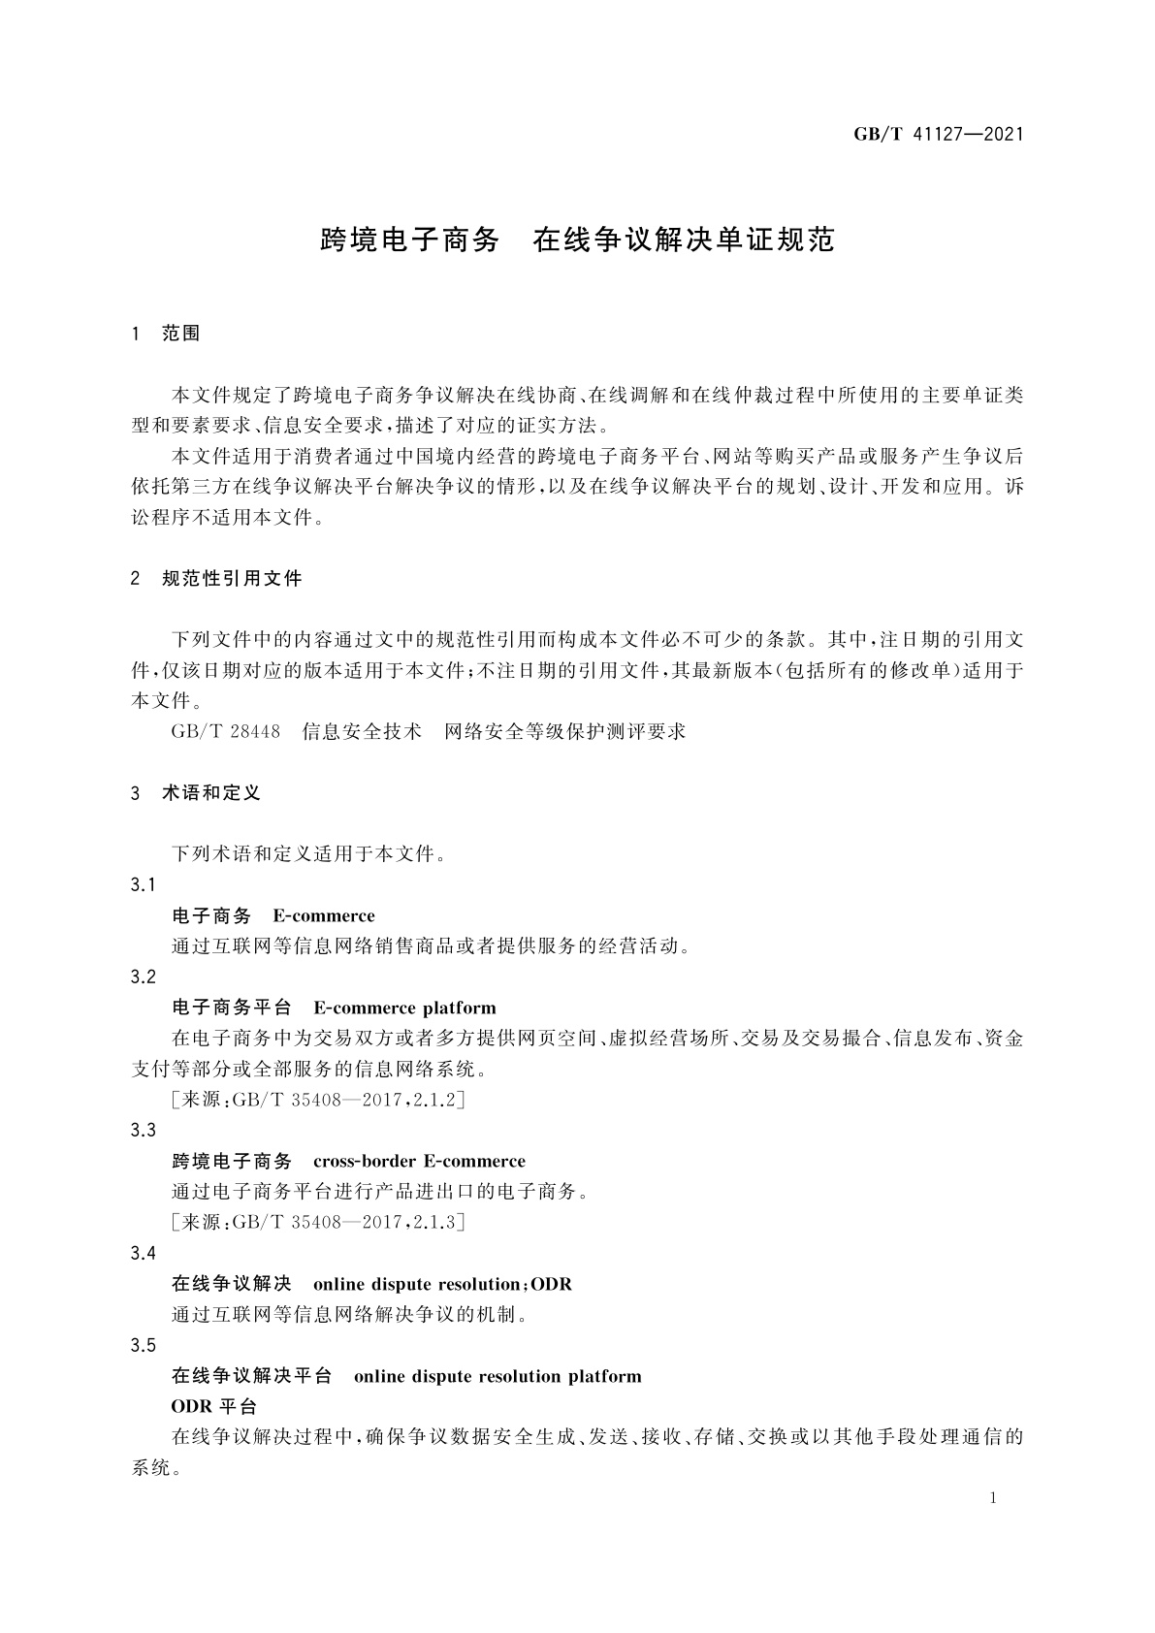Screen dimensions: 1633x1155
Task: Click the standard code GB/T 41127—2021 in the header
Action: click(x=938, y=135)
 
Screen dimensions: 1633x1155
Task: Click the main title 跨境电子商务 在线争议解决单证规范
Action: click(x=577, y=240)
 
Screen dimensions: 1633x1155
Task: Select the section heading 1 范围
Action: click(x=166, y=334)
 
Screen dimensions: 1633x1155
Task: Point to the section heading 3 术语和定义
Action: click(x=196, y=793)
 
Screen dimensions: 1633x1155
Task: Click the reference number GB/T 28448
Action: click(x=225, y=731)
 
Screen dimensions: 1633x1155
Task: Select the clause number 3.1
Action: click(x=143, y=885)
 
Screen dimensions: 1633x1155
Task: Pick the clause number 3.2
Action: click(x=143, y=977)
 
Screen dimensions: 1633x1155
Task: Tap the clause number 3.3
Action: click(x=143, y=1131)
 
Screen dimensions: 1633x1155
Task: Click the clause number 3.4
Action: click(x=143, y=1254)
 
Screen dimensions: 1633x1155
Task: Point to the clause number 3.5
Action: click(x=143, y=1346)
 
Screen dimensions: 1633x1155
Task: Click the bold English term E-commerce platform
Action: click(x=404, y=1008)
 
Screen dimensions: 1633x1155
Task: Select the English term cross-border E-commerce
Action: click(x=419, y=1162)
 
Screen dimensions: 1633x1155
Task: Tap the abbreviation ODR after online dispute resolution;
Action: click(x=552, y=1285)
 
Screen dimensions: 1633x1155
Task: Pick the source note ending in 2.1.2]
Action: click(x=318, y=1100)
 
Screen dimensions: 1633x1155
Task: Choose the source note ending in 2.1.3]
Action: click(x=318, y=1223)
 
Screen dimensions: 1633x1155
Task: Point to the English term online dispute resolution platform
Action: click(x=497, y=1377)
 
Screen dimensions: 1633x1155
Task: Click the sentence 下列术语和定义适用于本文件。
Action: click(x=308, y=854)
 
